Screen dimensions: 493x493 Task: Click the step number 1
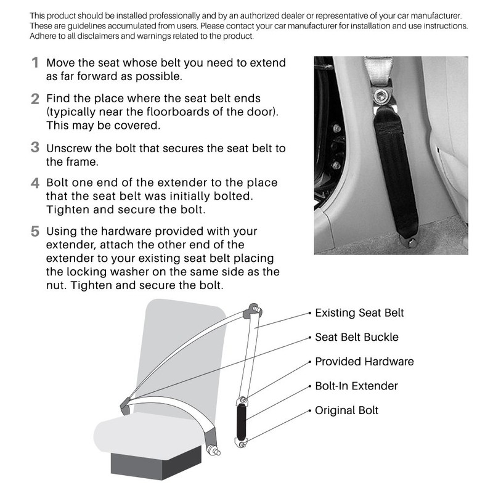tap(35, 63)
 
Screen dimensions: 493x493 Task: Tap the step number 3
tap(35, 148)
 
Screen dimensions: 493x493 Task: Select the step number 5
tap(35, 232)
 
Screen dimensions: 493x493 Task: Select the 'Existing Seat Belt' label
tap(359, 313)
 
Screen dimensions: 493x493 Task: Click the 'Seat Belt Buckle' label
tap(357, 337)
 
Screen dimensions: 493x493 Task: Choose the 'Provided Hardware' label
tap(364, 362)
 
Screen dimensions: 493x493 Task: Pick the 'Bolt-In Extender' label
tap(356, 386)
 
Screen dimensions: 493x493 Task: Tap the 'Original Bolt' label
tap(347, 410)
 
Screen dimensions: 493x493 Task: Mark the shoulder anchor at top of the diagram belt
tap(252, 310)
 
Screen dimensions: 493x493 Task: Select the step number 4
tap(35, 184)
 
